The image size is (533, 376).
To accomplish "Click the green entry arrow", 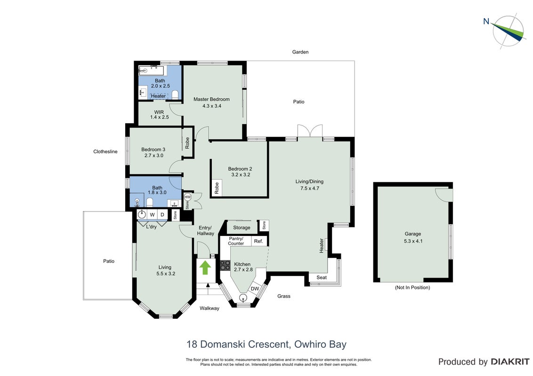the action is pos(205,267).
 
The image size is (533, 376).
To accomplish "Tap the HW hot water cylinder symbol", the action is pos(188,197).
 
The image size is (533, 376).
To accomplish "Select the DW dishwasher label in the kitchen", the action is pos(255,289).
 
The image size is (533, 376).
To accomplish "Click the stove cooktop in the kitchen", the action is pos(225,265).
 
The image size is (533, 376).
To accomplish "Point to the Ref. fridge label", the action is pos(258,241).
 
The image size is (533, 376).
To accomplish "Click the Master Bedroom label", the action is pos(211,99).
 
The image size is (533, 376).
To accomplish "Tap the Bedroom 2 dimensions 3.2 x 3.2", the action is pos(241,175).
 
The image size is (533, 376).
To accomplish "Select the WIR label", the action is pos(159,112).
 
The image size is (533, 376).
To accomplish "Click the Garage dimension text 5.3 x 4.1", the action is pos(413,241).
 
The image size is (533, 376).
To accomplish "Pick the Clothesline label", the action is pos(105,151).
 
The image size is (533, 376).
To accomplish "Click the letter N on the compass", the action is pos(486,21).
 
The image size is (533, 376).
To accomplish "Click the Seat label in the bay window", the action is pos(322,277).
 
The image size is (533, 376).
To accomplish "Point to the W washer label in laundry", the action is pos(152,214).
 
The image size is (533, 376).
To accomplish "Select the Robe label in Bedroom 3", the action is pos(187,143).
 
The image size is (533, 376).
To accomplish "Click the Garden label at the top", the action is pos(300,52).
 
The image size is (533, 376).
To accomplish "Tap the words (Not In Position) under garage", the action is pos(412,288).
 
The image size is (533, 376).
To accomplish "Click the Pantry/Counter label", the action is pos(236,241).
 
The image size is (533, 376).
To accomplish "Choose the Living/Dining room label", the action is pos(309,181).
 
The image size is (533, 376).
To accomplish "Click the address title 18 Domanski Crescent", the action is pos(238,344).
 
